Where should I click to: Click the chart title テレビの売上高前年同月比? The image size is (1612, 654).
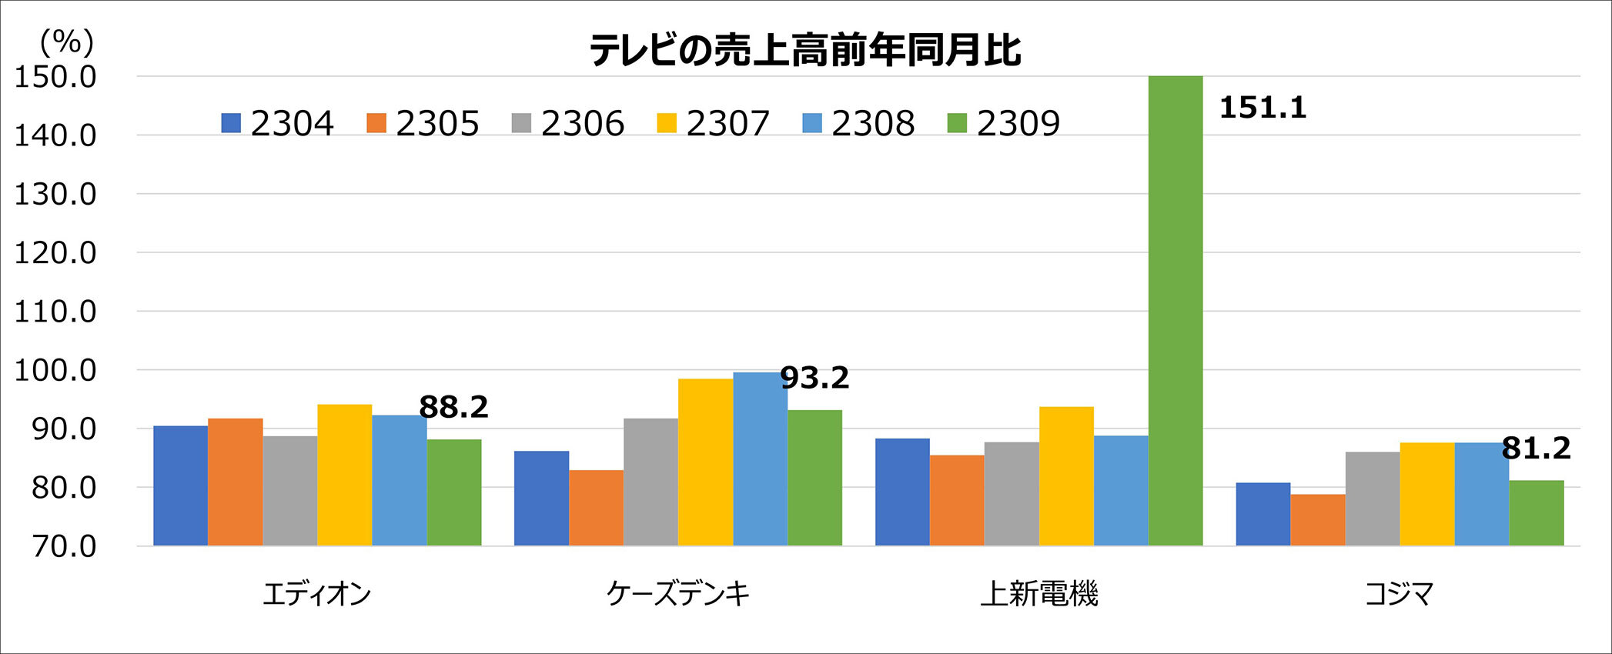(x=805, y=51)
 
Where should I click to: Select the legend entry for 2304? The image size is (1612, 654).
(x=277, y=123)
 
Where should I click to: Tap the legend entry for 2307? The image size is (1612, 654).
(x=713, y=123)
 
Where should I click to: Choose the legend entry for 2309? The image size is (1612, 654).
(x=1004, y=123)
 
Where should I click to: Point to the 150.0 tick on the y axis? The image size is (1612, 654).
(x=55, y=77)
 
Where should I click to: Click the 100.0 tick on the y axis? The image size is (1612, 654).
(x=55, y=370)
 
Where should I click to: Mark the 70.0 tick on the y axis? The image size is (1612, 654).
(x=64, y=546)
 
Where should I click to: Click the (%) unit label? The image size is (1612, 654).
(x=67, y=42)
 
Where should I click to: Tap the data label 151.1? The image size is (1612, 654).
(x=1263, y=108)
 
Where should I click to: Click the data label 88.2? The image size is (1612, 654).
(x=453, y=407)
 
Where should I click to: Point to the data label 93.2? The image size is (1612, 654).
(x=814, y=378)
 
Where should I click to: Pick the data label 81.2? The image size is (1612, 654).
(x=1536, y=449)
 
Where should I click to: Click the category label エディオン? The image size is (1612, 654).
(x=317, y=594)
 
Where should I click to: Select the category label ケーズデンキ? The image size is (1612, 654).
(x=678, y=594)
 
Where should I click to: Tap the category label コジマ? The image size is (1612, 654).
(x=1400, y=594)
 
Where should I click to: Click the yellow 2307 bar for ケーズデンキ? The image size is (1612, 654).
(x=705, y=462)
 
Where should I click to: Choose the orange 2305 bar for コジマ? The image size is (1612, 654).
(x=1318, y=520)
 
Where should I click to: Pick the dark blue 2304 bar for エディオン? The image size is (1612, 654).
(x=181, y=485)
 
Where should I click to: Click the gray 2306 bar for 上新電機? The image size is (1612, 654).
(x=1012, y=494)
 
